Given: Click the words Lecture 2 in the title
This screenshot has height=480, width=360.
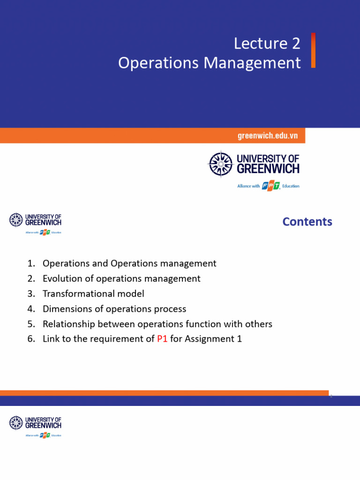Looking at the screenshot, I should click(x=267, y=44).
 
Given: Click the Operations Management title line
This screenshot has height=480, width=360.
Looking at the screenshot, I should click(x=209, y=63).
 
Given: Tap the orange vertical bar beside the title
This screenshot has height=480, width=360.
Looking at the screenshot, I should click(x=313, y=50).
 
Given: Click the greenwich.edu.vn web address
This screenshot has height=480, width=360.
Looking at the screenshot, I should click(x=268, y=136).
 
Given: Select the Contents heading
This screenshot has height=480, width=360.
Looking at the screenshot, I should click(x=307, y=222).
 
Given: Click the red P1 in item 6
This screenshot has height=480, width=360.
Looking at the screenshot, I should click(x=162, y=338).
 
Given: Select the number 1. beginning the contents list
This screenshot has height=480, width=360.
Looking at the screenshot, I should click(x=31, y=263).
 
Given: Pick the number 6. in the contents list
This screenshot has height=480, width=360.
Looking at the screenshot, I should click(x=31, y=338).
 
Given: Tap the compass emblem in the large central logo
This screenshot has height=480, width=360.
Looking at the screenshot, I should click(x=220, y=164).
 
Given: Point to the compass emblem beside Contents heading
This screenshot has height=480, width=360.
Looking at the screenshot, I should click(x=16, y=220).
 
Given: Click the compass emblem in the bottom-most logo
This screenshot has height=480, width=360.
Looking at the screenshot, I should click(x=16, y=423).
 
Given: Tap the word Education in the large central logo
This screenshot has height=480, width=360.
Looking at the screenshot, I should click(x=291, y=186).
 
